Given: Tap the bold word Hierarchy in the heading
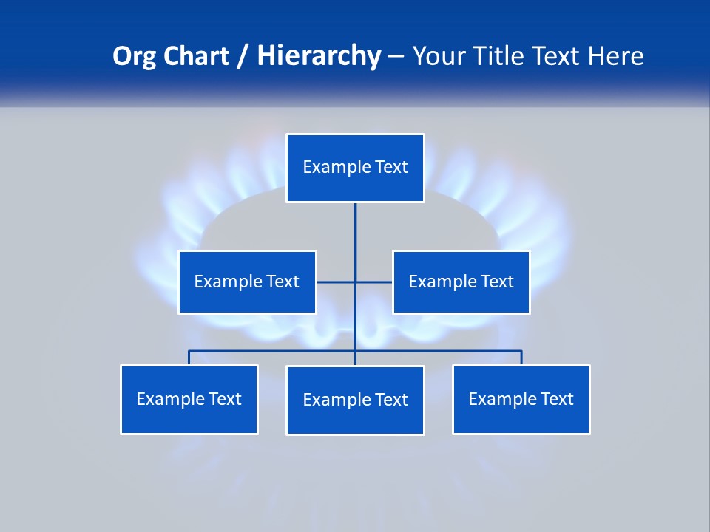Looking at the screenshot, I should pos(319,56).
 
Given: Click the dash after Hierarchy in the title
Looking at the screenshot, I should pos(396,56).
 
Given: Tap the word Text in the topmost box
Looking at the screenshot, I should pos(391,167).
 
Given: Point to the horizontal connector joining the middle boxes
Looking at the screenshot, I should pos(337,282).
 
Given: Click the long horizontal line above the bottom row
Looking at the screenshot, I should pos(274,351).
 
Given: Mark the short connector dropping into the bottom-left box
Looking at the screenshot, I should pos(189,358).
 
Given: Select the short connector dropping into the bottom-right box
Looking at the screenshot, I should pos(521,358).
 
